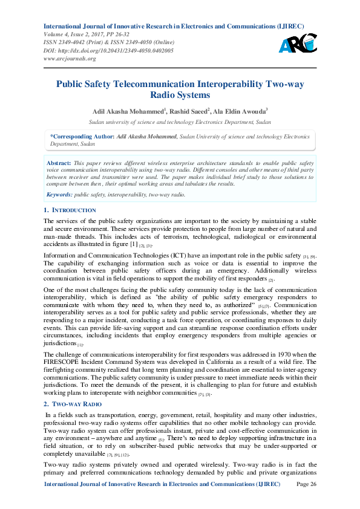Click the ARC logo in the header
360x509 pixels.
click(x=297, y=42)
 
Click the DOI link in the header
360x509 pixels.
click(x=108, y=50)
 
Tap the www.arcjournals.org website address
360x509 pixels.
click(x=70, y=59)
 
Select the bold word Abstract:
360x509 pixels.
click(x=59, y=163)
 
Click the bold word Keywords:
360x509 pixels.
click(x=59, y=195)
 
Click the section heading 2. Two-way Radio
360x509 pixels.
click(x=73, y=403)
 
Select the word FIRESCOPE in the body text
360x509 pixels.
click(x=63, y=361)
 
